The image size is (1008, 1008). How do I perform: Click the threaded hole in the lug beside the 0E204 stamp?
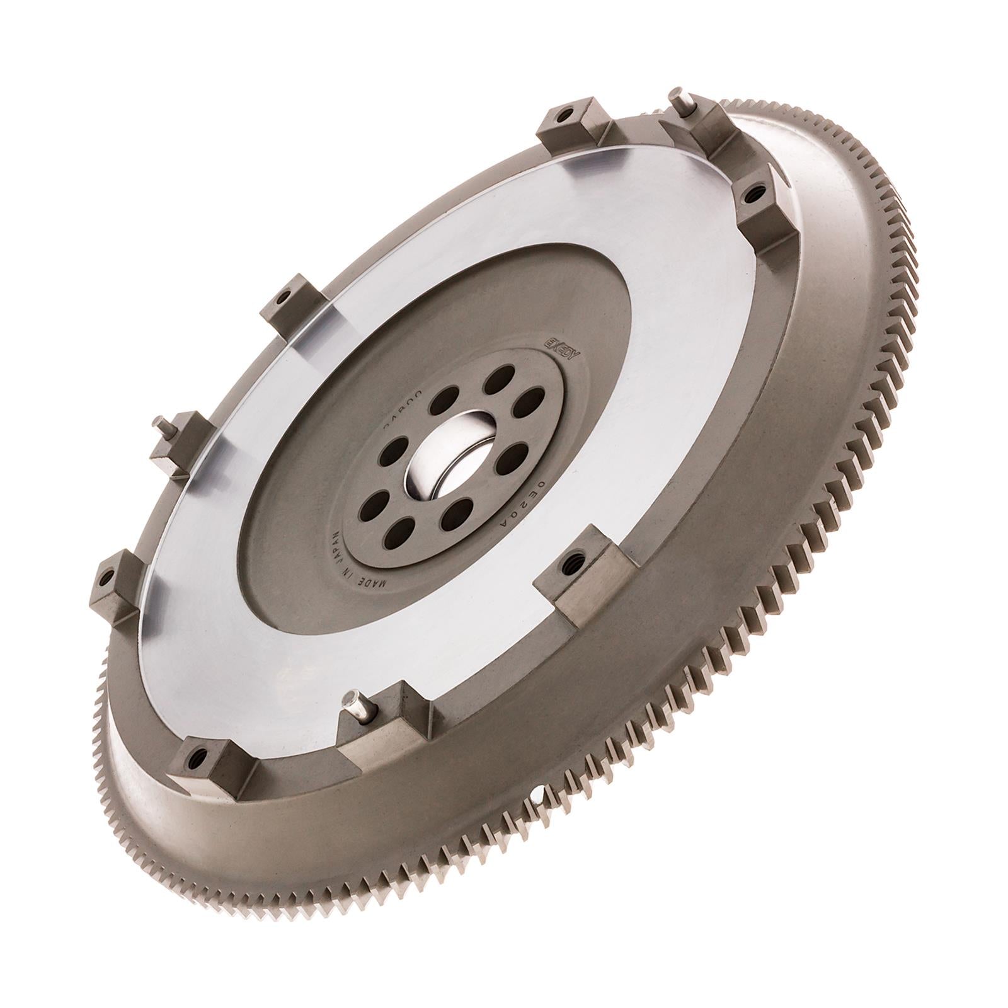(575, 557)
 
